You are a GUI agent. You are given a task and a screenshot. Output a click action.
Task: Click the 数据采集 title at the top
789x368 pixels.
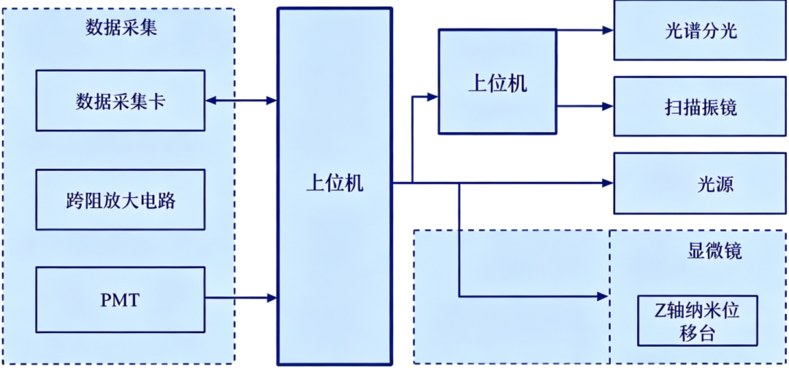pyautogui.click(x=121, y=28)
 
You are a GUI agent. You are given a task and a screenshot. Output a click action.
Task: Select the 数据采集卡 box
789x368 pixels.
pyautogui.click(x=121, y=101)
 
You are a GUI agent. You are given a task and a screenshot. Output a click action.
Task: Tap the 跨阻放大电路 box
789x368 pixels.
pyautogui.click(x=121, y=199)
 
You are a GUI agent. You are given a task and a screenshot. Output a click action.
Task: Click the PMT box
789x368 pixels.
pyautogui.click(x=121, y=299)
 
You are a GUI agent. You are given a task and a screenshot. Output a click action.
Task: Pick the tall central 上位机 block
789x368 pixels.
pyautogui.click(x=335, y=186)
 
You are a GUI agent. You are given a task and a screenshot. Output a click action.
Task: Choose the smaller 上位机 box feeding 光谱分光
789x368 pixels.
pyautogui.click(x=498, y=82)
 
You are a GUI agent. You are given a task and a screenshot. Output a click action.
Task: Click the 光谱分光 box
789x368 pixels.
pyautogui.click(x=699, y=31)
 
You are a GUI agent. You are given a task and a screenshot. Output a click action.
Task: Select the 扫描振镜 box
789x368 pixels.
pyautogui.click(x=699, y=107)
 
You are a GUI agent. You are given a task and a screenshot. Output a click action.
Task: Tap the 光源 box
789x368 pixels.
pyautogui.click(x=699, y=184)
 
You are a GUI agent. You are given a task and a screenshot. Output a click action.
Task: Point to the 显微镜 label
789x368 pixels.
pyautogui.click(x=714, y=252)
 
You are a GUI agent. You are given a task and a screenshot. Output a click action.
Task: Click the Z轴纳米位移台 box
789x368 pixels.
pyautogui.click(x=697, y=321)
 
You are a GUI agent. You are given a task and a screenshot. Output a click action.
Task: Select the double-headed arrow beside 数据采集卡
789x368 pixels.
pyautogui.click(x=241, y=101)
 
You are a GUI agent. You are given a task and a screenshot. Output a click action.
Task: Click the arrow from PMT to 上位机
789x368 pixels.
pyautogui.click(x=241, y=298)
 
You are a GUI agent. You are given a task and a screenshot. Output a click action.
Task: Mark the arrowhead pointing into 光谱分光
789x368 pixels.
pyautogui.click(x=609, y=30)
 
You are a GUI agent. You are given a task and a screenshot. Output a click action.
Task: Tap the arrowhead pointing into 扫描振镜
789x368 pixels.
pyautogui.click(x=609, y=106)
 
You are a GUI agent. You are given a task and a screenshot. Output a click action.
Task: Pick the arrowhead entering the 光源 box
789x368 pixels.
pyautogui.click(x=609, y=183)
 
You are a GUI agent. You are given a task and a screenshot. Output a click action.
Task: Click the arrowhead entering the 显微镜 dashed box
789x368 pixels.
pyautogui.click(x=603, y=296)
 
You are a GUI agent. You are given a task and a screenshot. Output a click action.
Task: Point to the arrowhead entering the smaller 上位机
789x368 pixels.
pyautogui.click(x=432, y=97)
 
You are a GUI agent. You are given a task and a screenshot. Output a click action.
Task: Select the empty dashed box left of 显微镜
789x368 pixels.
pyautogui.click(x=511, y=296)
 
